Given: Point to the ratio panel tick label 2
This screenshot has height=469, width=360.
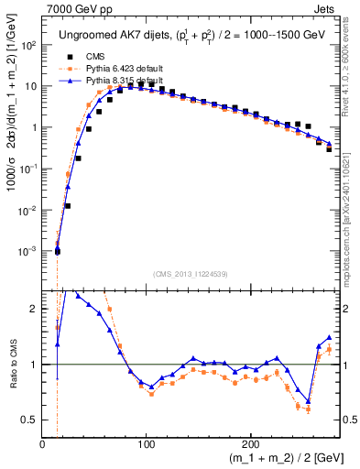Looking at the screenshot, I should [34, 309].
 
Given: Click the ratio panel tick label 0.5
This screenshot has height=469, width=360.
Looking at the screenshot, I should [29, 420].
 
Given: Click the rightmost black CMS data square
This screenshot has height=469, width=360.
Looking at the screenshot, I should [329, 148].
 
